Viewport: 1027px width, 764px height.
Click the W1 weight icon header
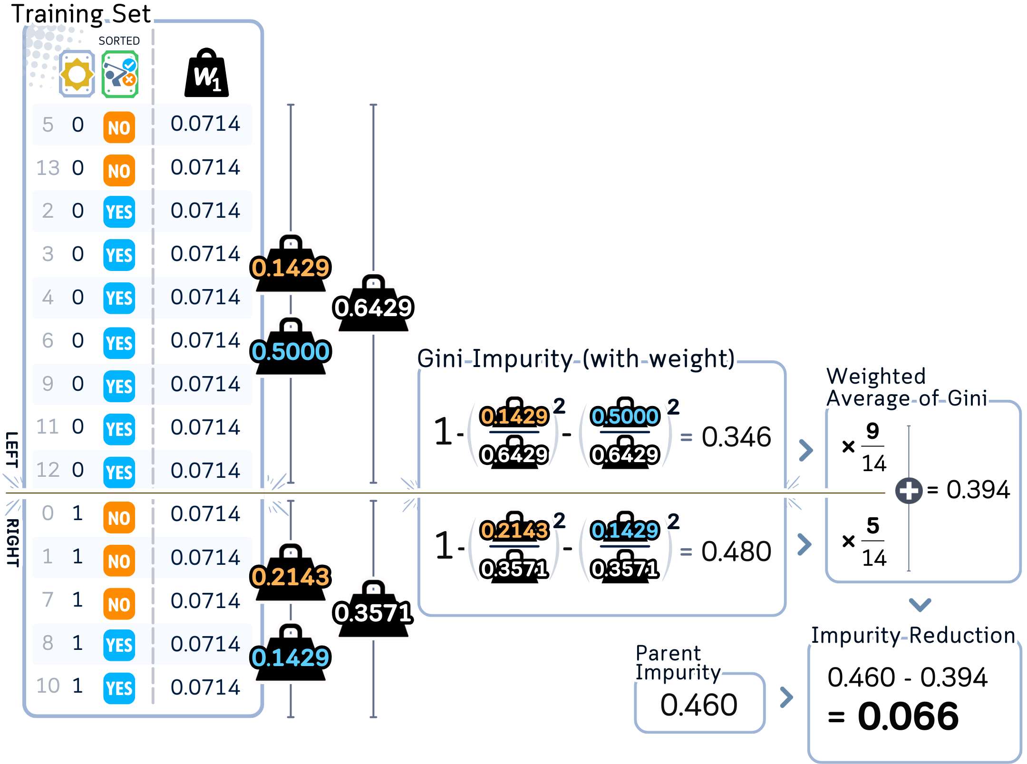click(206, 74)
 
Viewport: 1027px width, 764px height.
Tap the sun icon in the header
click(77, 74)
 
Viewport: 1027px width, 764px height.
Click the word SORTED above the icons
click(119, 41)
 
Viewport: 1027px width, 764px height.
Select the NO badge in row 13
click(119, 170)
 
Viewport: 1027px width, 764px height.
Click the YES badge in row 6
click(119, 342)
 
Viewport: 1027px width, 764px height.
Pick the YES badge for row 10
click(119, 688)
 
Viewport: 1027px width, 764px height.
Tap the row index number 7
click(48, 600)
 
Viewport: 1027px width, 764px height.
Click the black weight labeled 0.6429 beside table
click(373, 304)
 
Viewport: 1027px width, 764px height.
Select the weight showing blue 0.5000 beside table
click(290, 347)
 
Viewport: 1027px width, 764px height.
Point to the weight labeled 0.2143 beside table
click(290, 573)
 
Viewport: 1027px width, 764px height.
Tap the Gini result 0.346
click(736, 437)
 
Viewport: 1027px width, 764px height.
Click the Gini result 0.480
click(736, 551)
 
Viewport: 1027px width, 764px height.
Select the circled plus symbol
click(909, 491)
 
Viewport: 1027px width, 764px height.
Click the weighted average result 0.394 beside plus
click(978, 490)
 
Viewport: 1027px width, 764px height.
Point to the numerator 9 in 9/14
click(872, 431)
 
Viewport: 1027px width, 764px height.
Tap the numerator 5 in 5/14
click(872, 526)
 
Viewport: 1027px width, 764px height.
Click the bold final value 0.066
click(908, 716)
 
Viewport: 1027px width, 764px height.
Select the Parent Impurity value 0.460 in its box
click(699, 705)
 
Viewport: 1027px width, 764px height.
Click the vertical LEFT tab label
click(11, 449)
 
